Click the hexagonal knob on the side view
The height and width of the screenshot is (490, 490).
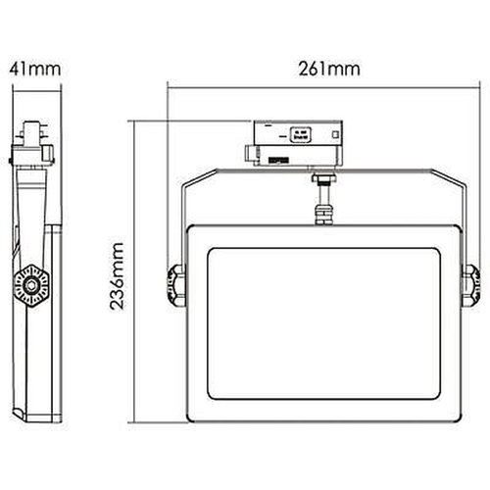[32, 284]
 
